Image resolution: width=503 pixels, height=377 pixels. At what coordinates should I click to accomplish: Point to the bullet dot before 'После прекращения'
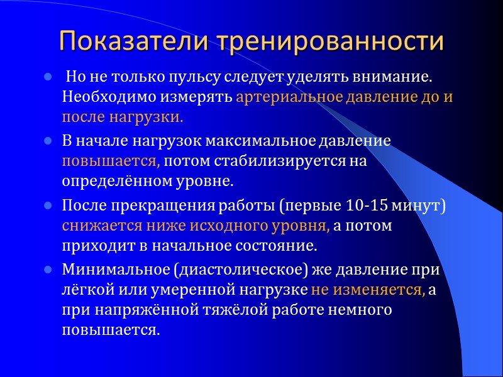click(x=47, y=205)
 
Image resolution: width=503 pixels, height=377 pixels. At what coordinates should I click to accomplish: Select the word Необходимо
click(x=103, y=98)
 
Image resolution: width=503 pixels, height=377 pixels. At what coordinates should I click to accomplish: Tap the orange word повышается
click(x=111, y=161)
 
